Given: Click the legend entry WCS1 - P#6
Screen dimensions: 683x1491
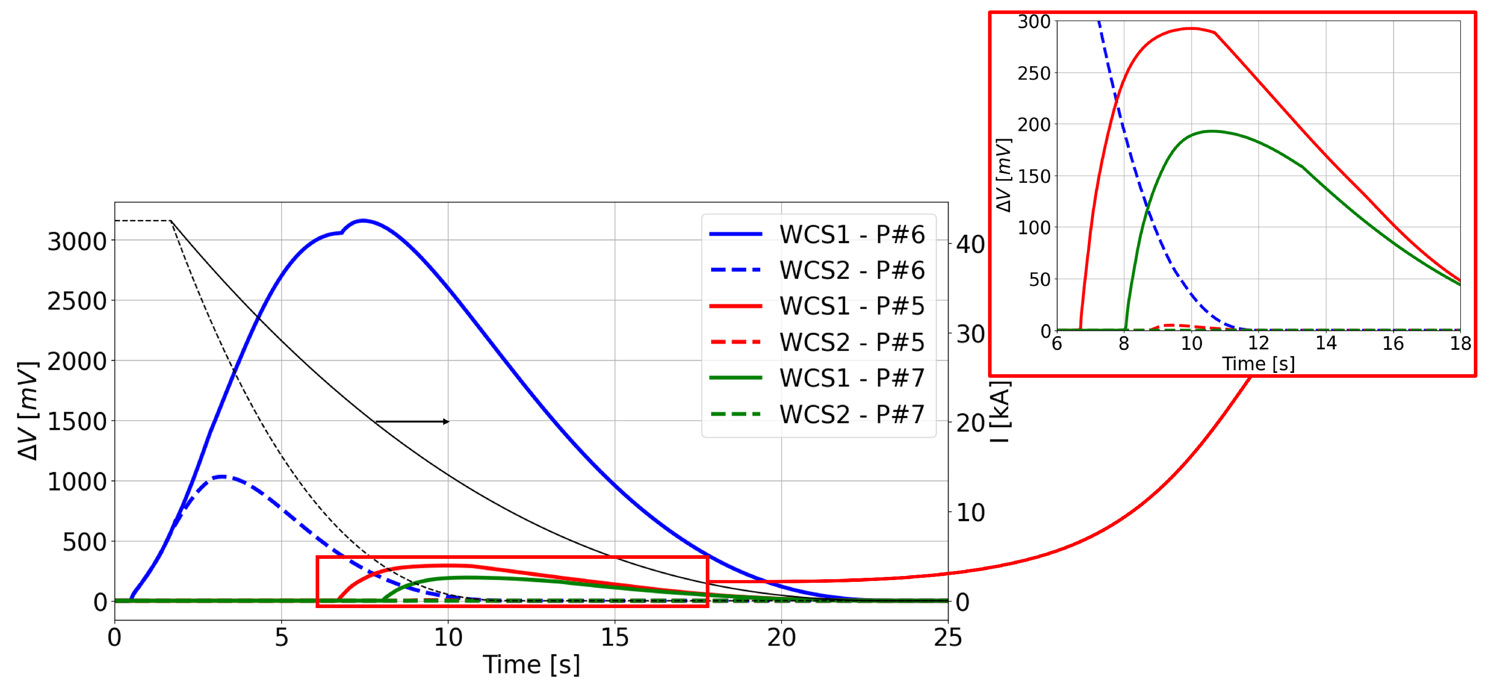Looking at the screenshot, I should (x=851, y=234).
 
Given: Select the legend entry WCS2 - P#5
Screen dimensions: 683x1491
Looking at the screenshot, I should (x=851, y=342).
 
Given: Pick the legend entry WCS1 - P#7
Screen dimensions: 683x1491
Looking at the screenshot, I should (x=851, y=378).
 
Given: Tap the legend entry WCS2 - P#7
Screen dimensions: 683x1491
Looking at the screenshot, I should (x=851, y=414).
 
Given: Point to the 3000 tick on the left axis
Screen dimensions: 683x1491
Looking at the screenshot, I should (x=77, y=241).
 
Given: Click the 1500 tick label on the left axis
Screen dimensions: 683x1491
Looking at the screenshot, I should (x=77, y=421).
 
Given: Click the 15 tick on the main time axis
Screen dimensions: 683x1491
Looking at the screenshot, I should (x=614, y=638).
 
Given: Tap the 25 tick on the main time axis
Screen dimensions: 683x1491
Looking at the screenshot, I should (x=947, y=638).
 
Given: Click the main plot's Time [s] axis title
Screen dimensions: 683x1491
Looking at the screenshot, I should (x=531, y=664).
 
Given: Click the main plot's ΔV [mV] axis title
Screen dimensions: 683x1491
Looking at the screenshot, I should (x=28, y=410).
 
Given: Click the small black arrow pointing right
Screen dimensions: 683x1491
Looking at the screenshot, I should (x=412, y=421).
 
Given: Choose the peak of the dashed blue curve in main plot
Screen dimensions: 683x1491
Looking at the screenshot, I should (x=221, y=477).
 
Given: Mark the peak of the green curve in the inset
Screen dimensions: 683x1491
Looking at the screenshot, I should (x=1211, y=131).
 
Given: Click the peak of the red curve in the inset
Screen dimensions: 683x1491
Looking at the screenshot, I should (x=1191, y=28).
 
